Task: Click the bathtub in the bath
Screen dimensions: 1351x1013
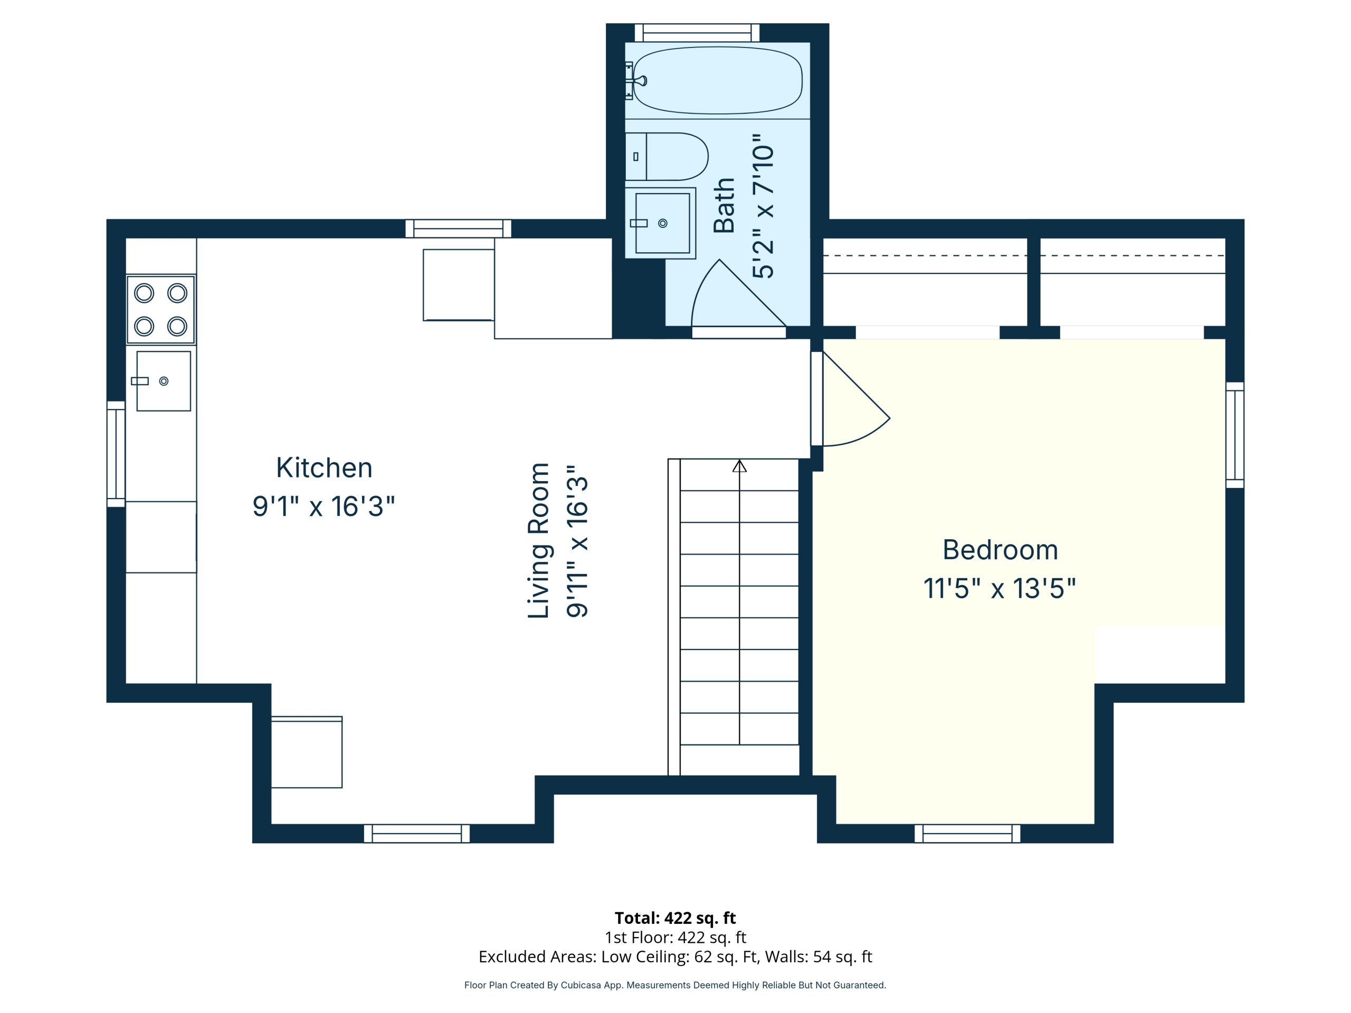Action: click(717, 80)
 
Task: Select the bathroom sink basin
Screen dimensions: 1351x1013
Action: click(662, 223)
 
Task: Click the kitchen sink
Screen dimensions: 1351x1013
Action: click(163, 381)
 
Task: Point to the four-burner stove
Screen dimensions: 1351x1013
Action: click(160, 310)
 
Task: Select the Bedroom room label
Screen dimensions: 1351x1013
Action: click(1000, 550)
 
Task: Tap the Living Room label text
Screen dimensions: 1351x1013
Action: click(539, 540)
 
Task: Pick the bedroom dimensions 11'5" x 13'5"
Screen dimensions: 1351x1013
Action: click(999, 589)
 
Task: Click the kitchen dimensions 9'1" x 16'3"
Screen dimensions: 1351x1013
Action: click(324, 506)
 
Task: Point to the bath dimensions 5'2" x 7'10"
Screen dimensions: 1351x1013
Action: click(763, 206)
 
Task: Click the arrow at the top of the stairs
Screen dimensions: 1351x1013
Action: click(740, 466)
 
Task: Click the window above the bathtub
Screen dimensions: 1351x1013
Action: click(697, 32)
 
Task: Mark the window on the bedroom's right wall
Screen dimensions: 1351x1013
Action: click(1234, 435)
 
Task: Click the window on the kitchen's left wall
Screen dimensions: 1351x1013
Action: click(116, 454)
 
